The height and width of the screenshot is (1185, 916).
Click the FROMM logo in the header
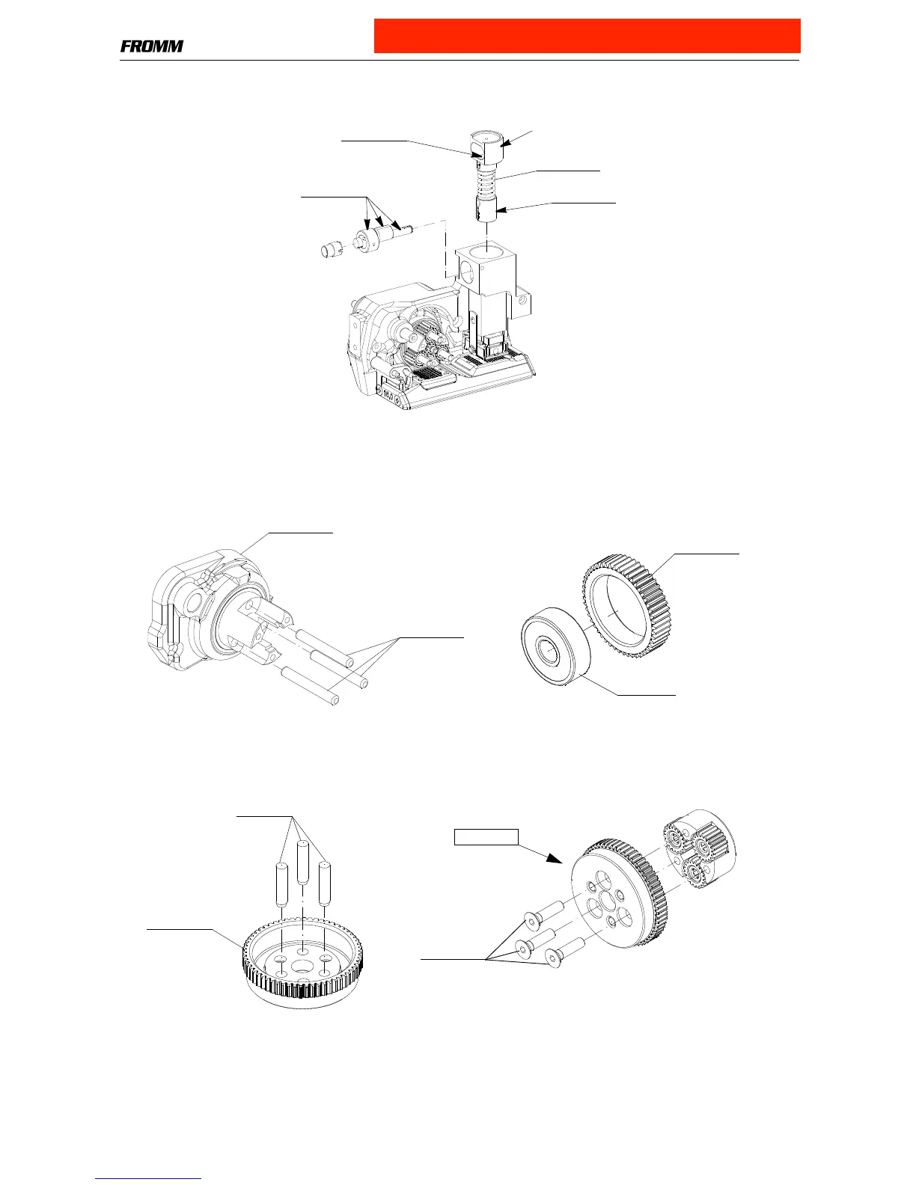(152, 46)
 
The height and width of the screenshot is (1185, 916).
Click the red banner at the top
(587, 36)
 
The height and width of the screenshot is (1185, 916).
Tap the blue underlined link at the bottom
(149, 1180)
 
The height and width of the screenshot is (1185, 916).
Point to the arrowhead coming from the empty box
(557, 861)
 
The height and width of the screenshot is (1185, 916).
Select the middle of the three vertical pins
(303, 860)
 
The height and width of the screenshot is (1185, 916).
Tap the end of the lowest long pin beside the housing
(334, 700)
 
